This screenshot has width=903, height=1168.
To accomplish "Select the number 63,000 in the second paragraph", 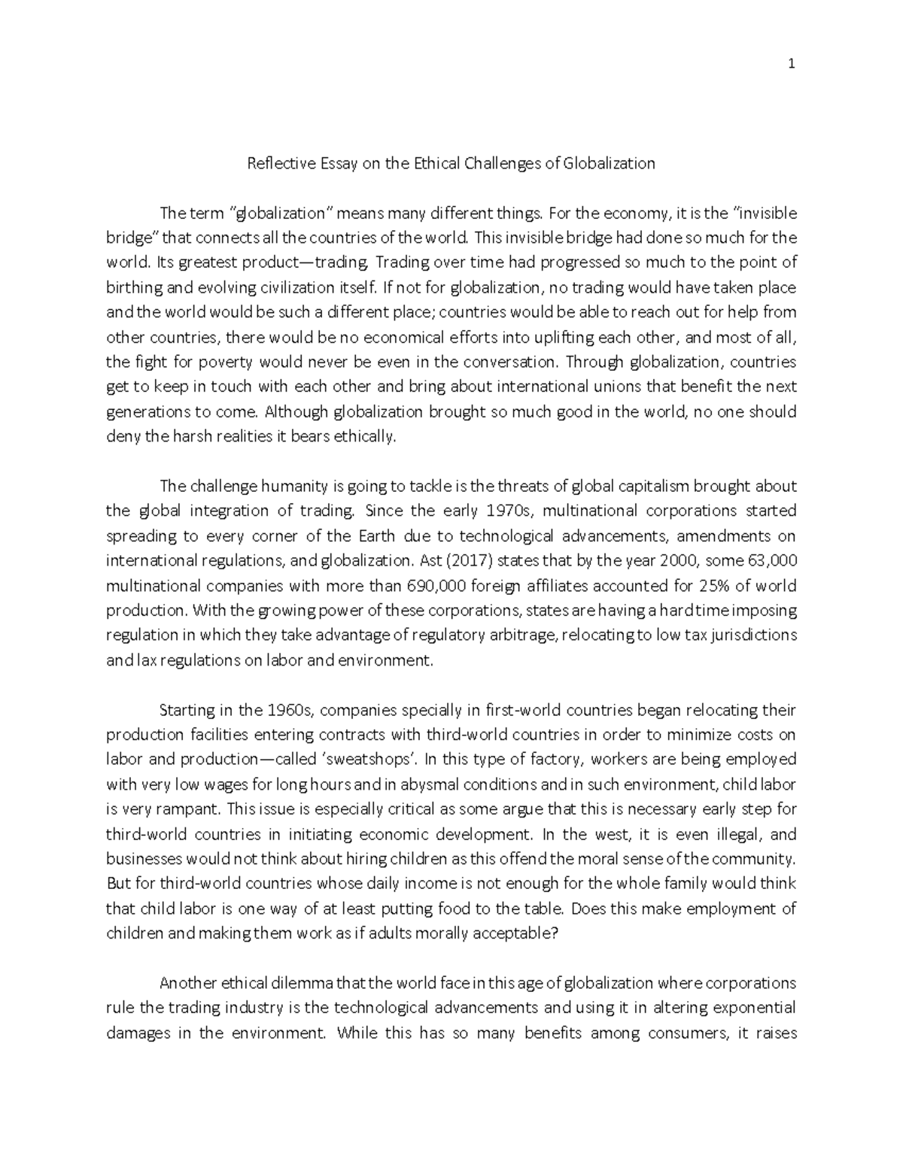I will (x=773, y=560).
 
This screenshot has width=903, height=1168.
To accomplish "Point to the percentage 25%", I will (x=696, y=585).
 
